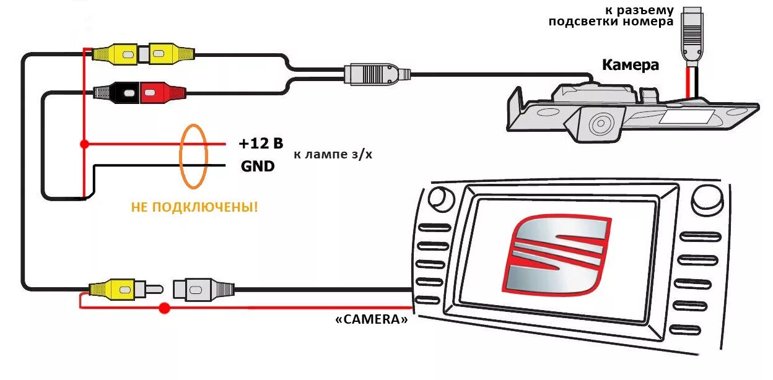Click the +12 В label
click(x=260, y=144)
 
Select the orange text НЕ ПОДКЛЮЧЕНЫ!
click(x=194, y=207)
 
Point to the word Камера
click(x=631, y=65)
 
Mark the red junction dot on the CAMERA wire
click(x=164, y=308)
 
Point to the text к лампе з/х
click(x=333, y=154)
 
